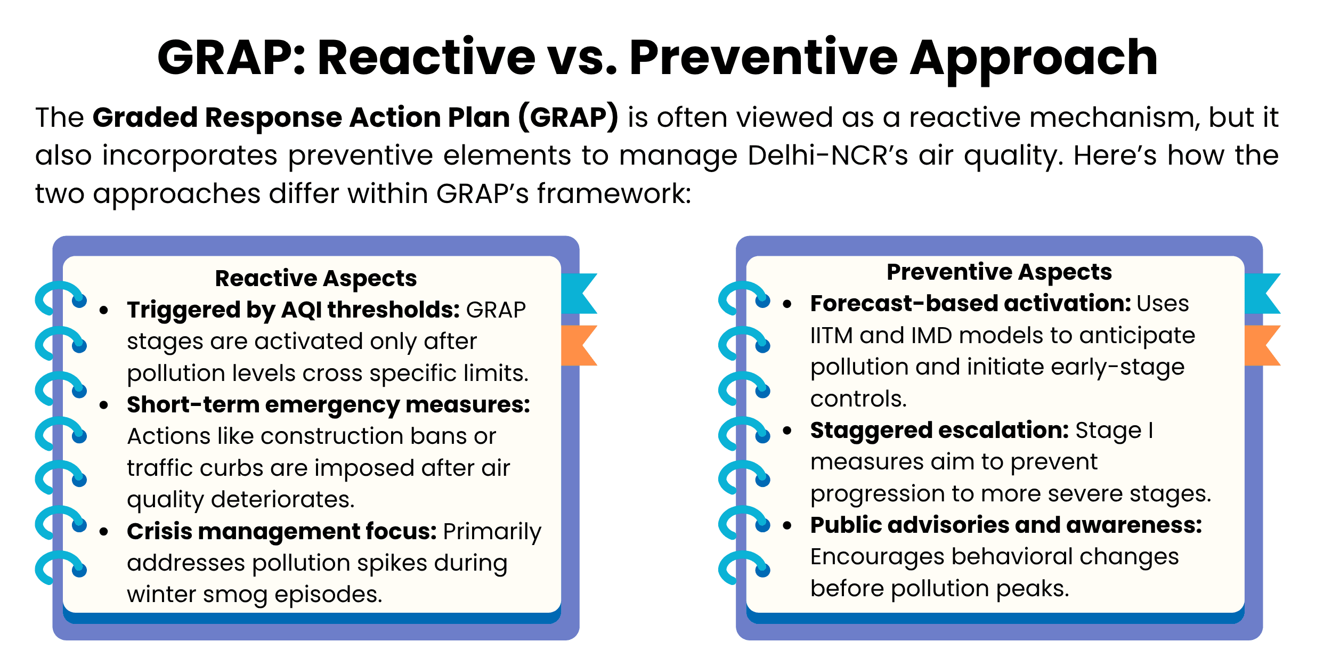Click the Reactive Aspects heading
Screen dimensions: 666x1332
(x=315, y=278)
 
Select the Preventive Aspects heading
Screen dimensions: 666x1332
(x=999, y=272)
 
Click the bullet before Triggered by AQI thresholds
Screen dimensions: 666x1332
(x=104, y=310)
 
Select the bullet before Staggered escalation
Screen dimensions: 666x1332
(x=787, y=431)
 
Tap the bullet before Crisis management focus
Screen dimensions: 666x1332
(x=104, y=532)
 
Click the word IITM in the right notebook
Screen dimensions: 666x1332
(x=831, y=336)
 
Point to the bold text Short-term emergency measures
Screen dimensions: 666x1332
(x=328, y=405)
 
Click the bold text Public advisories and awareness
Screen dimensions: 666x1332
(x=1006, y=525)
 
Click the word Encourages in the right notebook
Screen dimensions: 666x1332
(x=877, y=557)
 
